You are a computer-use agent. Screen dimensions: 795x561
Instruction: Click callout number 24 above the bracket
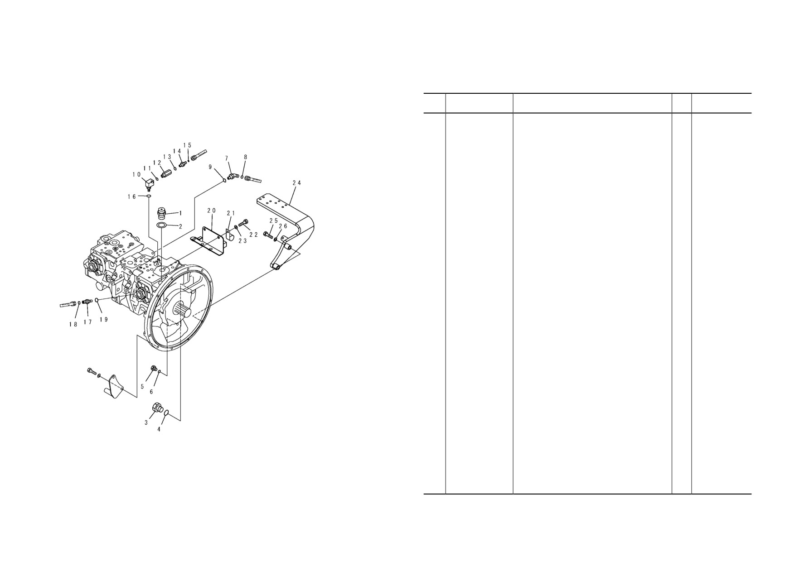(296, 183)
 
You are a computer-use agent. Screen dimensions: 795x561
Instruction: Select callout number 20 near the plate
(212, 211)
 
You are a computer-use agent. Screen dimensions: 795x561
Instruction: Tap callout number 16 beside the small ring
(131, 197)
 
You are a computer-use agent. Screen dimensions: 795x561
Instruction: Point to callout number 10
(136, 175)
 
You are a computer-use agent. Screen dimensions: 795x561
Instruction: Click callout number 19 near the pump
(104, 320)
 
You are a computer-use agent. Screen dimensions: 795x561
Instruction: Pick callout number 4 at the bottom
(159, 429)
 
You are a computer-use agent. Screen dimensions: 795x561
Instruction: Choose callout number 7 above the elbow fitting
(226, 158)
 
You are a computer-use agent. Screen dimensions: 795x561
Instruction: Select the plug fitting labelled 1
(162, 212)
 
